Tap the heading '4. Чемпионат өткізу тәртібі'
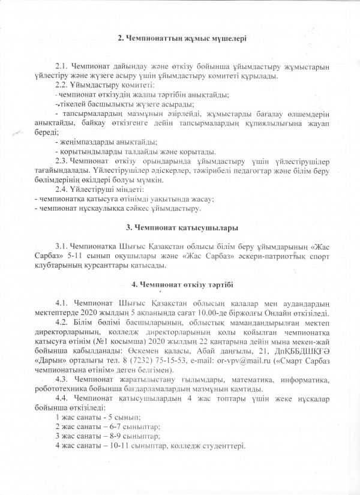pyautogui.click(x=182, y=284)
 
